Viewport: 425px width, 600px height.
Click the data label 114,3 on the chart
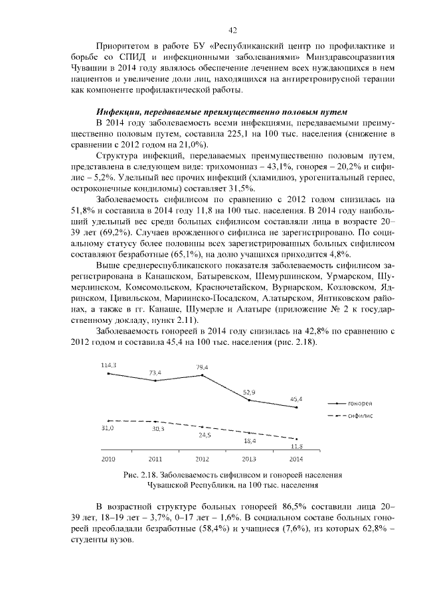point(108,365)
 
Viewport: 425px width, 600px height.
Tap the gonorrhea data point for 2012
point(202,375)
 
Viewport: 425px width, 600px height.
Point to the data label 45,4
point(296,399)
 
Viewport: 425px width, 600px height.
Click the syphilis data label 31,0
point(108,428)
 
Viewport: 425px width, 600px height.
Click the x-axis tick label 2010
point(108,458)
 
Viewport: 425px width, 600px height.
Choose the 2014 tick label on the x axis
point(297,458)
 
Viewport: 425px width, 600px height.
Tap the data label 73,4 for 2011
point(155,373)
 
